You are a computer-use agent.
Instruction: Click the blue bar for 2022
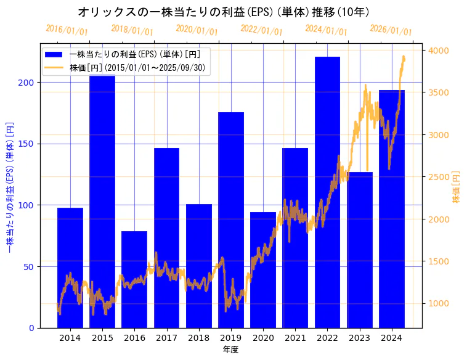[x=327, y=192]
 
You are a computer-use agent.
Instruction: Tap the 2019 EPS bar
[x=231, y=219]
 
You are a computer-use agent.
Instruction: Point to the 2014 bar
[x=70, y=268]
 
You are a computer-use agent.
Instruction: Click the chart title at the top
[x=224, y=12]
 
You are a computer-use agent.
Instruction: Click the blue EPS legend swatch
[x=54, y=54]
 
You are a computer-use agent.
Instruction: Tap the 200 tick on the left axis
[x=28, y=82]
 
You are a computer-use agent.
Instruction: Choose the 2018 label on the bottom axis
[x=198, y=338]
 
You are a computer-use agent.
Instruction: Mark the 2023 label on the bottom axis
[x=359, y=338]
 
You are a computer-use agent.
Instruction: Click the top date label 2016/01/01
[x=67, y=30]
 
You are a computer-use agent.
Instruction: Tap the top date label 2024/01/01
[x=326, y=30]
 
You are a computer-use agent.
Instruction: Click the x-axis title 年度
[x=230, y=350]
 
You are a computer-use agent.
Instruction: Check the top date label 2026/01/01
[x=391, y=30]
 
